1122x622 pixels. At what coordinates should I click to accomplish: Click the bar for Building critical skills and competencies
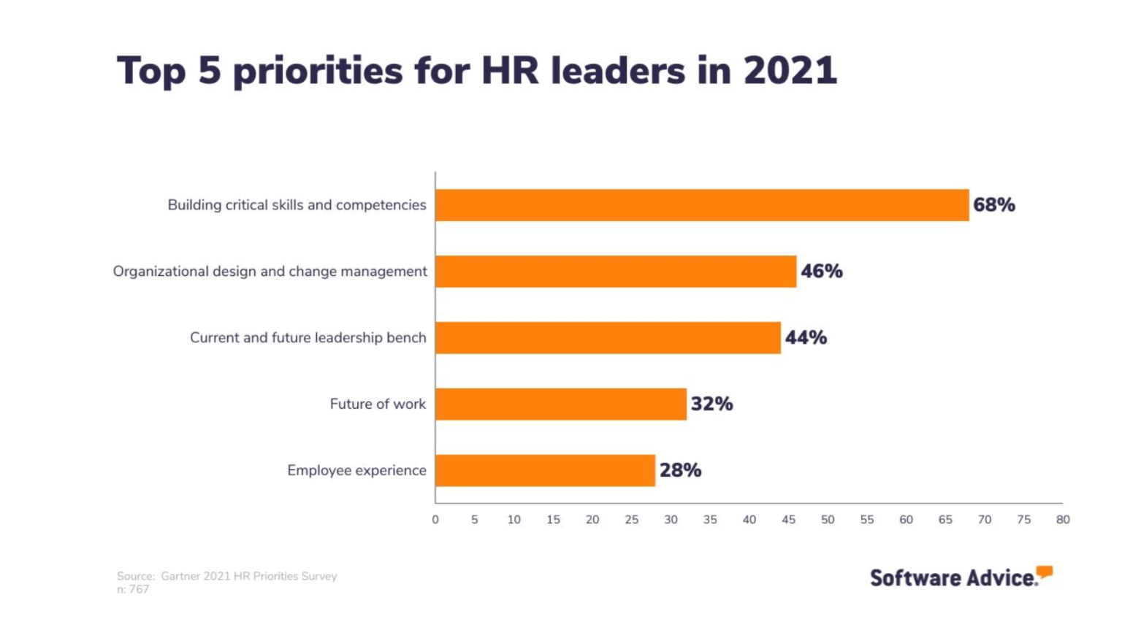[702, 205]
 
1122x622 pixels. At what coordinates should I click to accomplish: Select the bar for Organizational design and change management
[616, 272]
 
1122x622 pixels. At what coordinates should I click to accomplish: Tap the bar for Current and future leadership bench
[608, 338]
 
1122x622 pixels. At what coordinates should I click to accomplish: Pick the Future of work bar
[561, 404]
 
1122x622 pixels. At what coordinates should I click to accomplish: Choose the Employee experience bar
[545, 471]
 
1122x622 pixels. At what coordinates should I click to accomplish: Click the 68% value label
[993, 205]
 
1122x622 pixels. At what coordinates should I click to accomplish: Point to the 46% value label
[821, 272]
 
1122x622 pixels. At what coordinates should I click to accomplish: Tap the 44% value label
[806, 338]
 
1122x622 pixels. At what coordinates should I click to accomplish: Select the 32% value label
[711, 404]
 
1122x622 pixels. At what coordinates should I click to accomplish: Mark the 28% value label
[680, 471]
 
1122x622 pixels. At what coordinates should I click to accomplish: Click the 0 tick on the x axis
[435, 520]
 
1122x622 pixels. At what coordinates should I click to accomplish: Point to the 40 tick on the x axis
[749, 520]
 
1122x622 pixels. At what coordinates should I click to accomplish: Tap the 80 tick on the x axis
[1063, 520]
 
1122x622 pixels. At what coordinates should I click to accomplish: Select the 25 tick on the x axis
[632, 520]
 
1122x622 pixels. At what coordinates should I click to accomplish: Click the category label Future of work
[378, 404]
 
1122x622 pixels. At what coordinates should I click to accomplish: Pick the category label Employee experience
[356, 471]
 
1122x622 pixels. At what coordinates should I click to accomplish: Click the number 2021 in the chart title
[790, 71]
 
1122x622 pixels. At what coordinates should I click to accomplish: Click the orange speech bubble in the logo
[1045, 572]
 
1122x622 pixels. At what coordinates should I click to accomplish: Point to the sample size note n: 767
[133, 590]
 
